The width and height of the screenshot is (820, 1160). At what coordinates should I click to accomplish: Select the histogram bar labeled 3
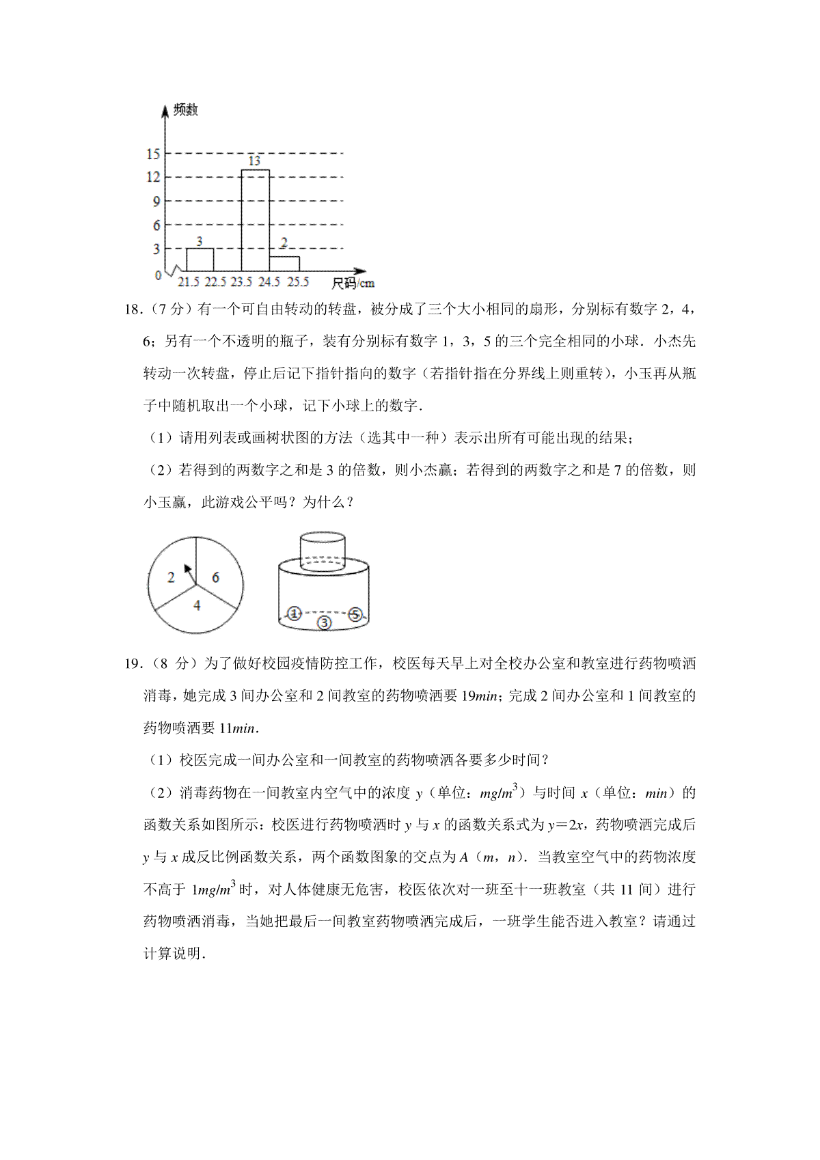coord(200,259)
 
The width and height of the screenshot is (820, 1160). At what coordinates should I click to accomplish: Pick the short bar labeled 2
coord(284,264)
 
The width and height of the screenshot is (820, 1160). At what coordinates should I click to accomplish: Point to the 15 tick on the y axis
coord(153,154)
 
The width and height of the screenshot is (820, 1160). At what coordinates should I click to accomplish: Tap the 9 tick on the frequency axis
coord(156,202)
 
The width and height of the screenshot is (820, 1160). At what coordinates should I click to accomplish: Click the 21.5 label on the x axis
coord(189,282)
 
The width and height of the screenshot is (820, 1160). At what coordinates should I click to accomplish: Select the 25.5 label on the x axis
coord(298,282)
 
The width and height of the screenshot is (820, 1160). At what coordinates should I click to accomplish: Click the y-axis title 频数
coord(185,110)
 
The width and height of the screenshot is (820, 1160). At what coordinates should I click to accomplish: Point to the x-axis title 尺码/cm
coord(353,283)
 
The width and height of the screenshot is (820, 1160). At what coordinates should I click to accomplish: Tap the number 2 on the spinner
coord(171,578)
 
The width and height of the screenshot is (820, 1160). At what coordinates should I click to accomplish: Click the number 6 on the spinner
coord(215,578)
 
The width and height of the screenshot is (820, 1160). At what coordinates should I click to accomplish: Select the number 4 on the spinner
coord(197,605)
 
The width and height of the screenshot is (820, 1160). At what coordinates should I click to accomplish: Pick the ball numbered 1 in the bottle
coord(294,613)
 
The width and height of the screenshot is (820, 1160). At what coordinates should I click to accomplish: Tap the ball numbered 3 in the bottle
coord(324,622)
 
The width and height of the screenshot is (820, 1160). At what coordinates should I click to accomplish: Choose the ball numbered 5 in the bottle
coord(355,614)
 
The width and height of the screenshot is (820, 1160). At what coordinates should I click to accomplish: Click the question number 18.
coord(132,309)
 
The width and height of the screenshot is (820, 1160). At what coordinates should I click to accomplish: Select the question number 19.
coord(132,663)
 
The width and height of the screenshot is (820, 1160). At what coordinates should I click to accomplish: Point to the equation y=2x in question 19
coord(565,825)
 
